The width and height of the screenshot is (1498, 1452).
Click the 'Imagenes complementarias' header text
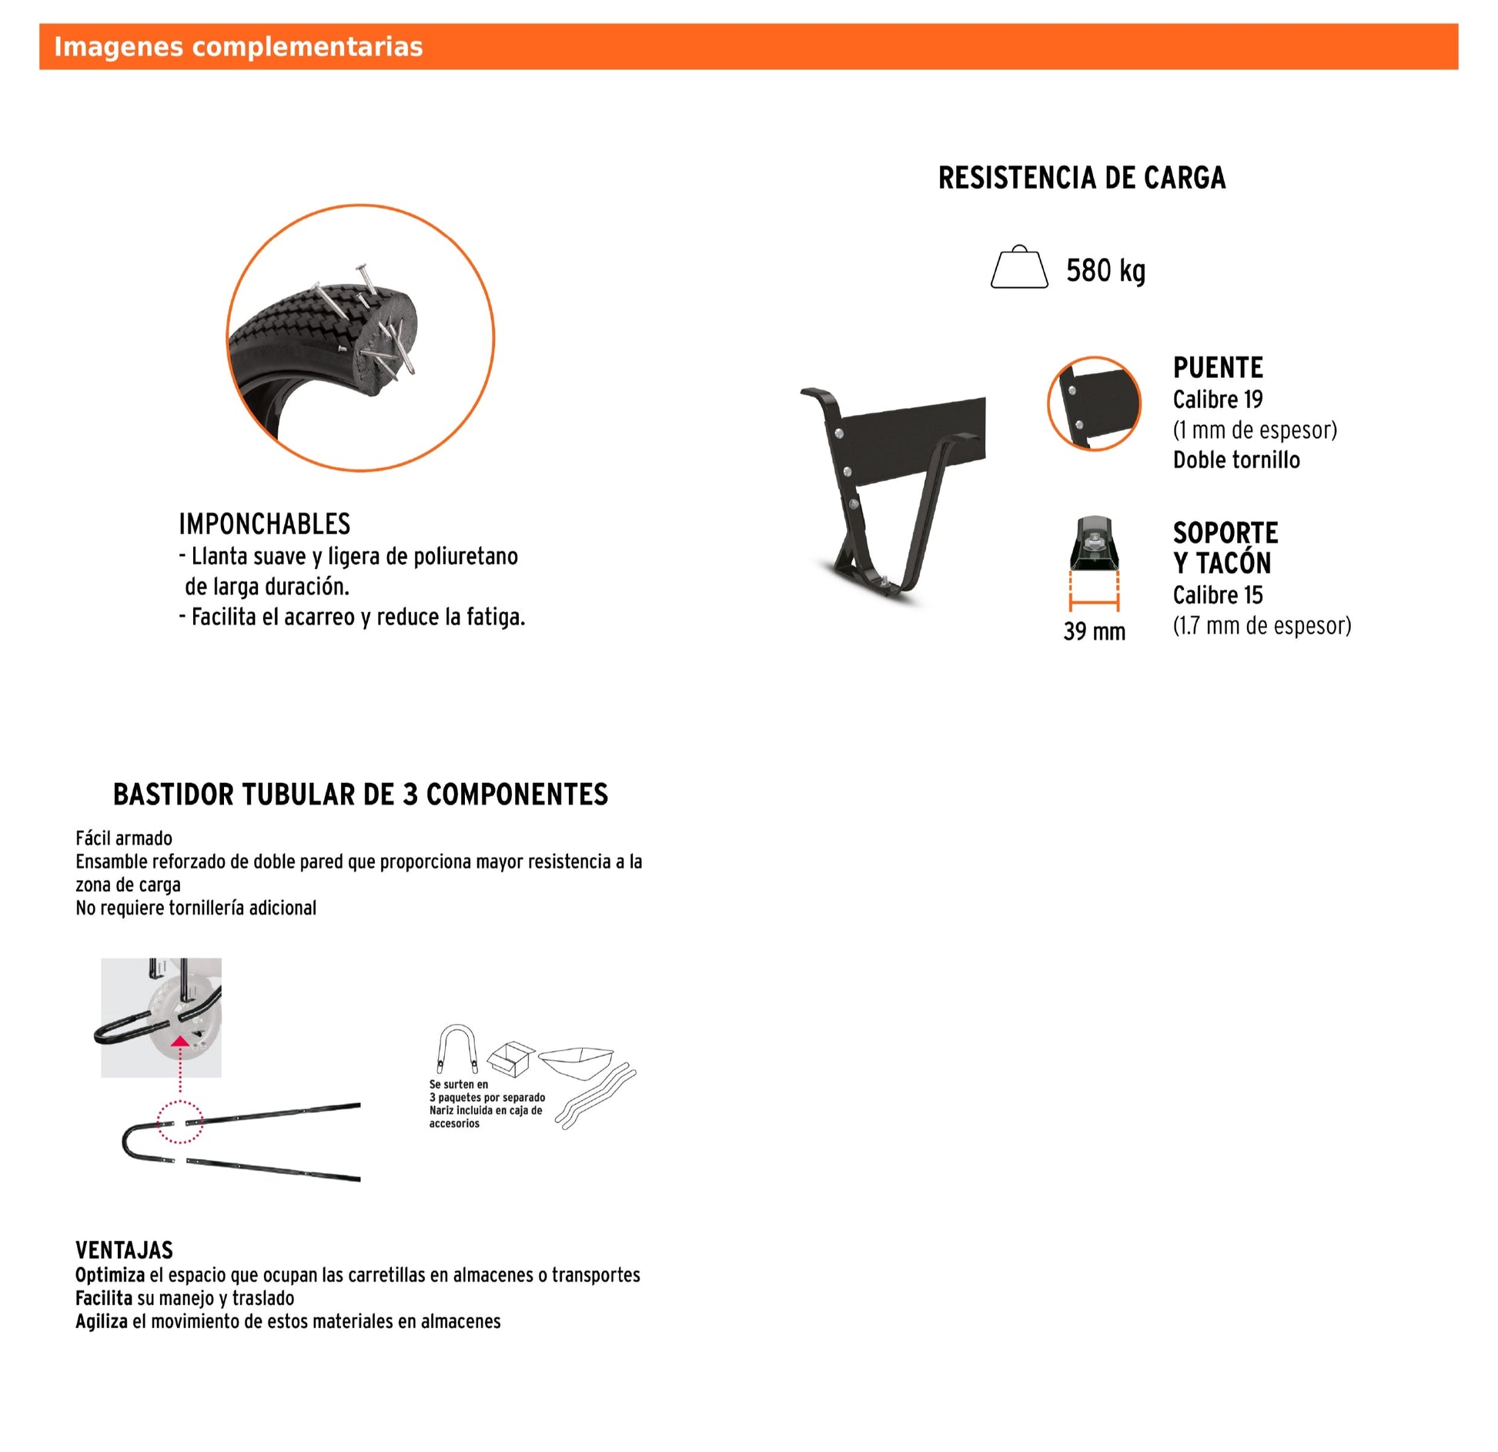pos(238,47)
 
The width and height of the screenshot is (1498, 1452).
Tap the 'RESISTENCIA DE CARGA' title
pos(1081,178)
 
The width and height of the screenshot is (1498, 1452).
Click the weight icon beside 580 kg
pos(1018,267)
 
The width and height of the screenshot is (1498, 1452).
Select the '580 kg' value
pos(1105,271)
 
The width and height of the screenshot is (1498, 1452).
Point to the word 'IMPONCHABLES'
pos(264,524)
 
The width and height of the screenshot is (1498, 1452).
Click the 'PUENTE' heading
pos(1217,368)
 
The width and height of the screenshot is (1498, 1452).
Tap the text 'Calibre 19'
pos(1217,400)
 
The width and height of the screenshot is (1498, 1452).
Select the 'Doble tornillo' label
pos(1236,460)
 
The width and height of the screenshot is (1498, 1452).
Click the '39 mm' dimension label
pos(1094,631)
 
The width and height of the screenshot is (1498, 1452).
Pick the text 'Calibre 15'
pos(1217,595)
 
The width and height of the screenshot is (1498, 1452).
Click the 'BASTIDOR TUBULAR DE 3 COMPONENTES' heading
pos(360,795)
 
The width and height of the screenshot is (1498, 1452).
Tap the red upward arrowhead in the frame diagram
pos(179,1042)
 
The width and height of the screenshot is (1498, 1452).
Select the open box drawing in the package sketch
pos(511,1059)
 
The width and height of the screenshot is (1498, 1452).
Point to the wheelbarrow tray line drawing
pos(576,1061)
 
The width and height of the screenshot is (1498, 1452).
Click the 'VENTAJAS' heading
pos(124,1250)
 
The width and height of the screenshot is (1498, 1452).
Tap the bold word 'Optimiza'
pos(110,1275)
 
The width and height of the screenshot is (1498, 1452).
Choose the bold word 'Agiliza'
pos(102,1321)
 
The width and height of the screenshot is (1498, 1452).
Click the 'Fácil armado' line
pos(124,838)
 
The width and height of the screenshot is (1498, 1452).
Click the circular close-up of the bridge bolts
pos(1093,403)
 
